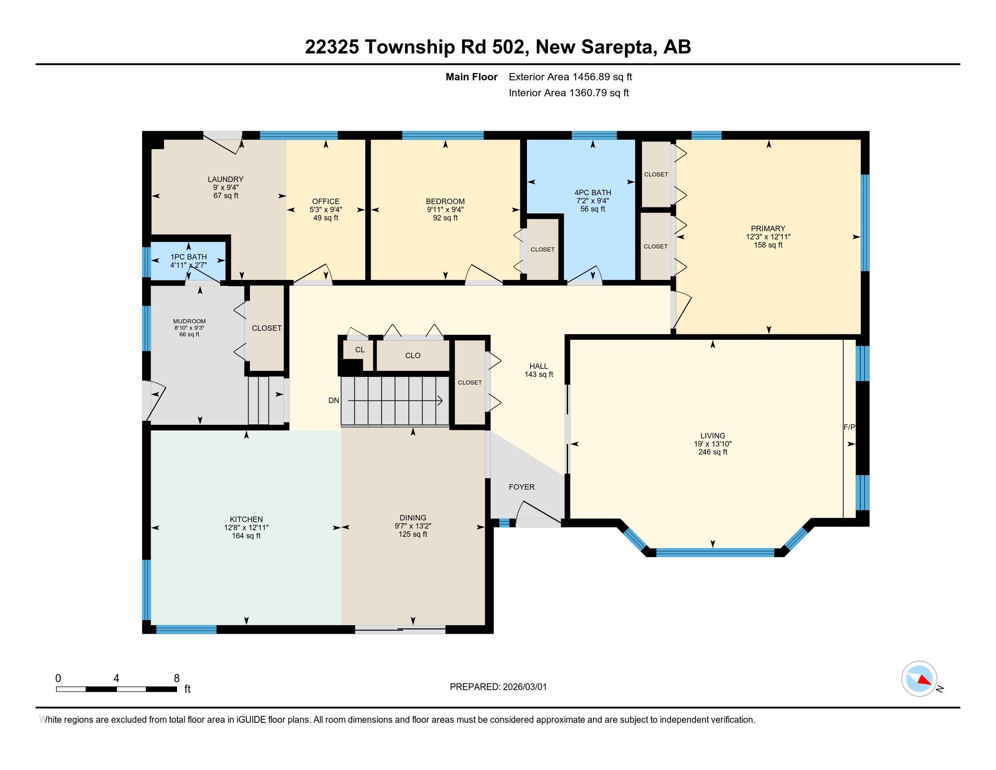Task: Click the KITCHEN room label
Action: point(246,519)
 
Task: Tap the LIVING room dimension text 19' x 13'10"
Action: point(713,444)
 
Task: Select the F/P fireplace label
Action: point(849,428)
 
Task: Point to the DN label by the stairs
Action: point(334,400)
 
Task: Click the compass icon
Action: point(919,679)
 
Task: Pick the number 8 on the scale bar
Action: point(177,679)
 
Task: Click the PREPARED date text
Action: point(498,687)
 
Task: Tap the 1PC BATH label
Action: point(188,257)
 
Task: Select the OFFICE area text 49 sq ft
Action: point(326,218)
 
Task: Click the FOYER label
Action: point(522,487)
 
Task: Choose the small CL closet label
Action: point(360,350)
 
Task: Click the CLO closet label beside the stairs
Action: point(413,356)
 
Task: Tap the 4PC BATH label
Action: point(593,192)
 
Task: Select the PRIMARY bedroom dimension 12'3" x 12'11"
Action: point(768,237)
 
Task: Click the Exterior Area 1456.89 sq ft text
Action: point(570,77)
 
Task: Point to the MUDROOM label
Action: point(189,321)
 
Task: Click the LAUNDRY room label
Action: point(226,179)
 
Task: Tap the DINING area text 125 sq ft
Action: point(413,534)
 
